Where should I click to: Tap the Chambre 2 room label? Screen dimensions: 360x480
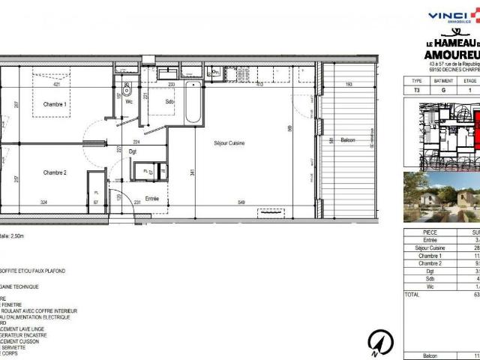55,172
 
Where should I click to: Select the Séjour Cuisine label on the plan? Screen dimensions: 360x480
229,142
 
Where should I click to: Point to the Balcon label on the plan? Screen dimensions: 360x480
346,140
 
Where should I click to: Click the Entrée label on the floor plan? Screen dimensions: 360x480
152,198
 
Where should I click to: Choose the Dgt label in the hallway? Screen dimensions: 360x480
133,152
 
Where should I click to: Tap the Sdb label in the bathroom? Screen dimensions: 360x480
170,102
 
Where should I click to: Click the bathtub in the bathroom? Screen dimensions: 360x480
193,103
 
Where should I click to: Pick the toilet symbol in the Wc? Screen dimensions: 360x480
127,86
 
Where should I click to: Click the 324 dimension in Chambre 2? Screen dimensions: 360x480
43,203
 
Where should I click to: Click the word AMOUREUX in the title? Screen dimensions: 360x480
453,55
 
